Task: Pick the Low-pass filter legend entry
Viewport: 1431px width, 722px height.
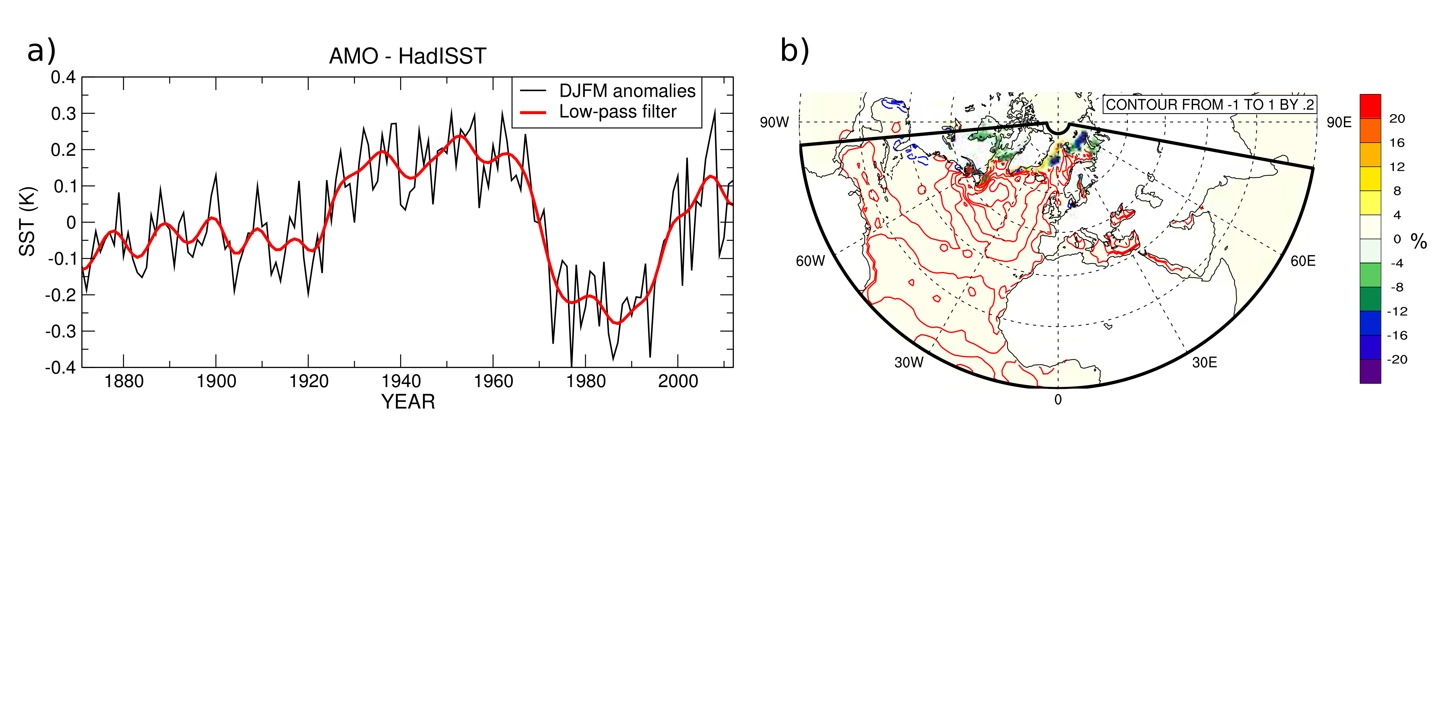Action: (x=598, y=112)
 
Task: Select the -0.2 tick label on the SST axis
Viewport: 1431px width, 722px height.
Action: (x=60, y=295)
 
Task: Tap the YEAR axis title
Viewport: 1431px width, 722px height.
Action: (x=408, y=401)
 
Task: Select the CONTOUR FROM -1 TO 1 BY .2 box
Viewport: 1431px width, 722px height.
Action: (x=1209, y=104)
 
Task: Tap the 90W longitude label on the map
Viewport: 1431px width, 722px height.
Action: (x=774, y=122)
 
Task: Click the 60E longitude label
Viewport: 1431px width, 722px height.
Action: (x=1303, y=261)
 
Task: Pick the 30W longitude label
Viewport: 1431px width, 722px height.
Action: (x=909, y=362)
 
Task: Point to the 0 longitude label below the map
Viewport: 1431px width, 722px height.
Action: (x=1058, y=399)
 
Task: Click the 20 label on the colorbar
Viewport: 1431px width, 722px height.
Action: (x=1397, y=118)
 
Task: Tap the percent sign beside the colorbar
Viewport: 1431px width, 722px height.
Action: (x=1419, y=241)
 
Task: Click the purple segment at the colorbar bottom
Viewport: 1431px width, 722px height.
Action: (x=1370, y=371)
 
